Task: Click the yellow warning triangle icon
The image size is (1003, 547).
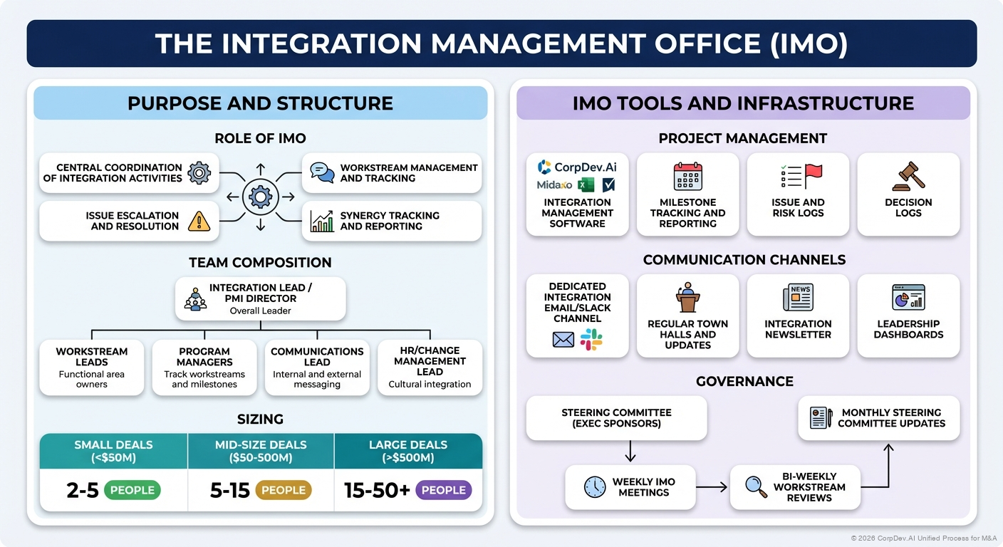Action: pos(199,222)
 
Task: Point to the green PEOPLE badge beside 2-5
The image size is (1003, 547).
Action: pos(132,490)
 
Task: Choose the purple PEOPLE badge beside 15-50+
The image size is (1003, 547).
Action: pos(443,490)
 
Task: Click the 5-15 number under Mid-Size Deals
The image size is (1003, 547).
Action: pos(229,490)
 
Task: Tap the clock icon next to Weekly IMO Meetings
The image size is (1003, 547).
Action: pos(595,487)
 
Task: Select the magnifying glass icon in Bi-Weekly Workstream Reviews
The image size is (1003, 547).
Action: pos(756,486)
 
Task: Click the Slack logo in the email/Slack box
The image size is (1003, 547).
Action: pos(591,340)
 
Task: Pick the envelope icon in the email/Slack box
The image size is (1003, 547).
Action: pos(563,340)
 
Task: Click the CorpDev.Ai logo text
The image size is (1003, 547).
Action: pos(586,167)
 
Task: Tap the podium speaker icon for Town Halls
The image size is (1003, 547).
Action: pos(687,298)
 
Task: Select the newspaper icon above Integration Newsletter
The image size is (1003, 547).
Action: pos(798,297)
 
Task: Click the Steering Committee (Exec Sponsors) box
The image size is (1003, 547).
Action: pos(616,418)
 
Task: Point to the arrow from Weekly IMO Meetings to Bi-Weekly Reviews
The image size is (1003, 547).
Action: pos(712,487)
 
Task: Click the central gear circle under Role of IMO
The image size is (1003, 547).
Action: pos(260,197)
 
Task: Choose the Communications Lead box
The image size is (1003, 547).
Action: pos(317,368)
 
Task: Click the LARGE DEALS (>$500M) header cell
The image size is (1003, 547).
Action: pos(408,451)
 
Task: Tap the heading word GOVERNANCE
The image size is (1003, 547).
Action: pos(744,381)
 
